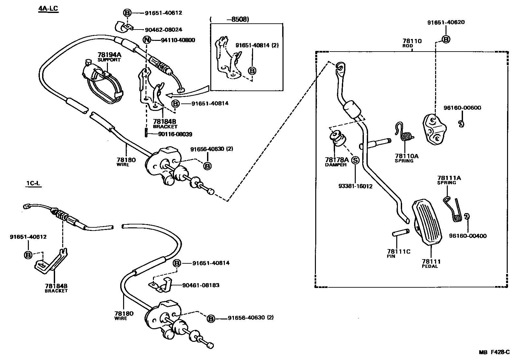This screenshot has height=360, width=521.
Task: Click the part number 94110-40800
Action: (x=178, y=40)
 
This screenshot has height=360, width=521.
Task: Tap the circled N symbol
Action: (x=147, y=40)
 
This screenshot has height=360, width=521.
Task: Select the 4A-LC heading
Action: (x=48, y=8)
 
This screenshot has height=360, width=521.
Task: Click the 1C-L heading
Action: (x=33, y=184)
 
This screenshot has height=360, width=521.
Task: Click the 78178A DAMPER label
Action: (x=337, y=162)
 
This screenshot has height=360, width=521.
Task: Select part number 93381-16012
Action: (x=355, y=186)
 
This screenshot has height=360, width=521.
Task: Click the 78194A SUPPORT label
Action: (x=110, y=57)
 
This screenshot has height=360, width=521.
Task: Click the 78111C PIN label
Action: (x=398, y=253)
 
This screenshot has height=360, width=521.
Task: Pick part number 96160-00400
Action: (x=468, y=236)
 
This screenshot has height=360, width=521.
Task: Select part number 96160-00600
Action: (x=462, y=108)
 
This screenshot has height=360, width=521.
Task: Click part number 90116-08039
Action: (x=175, y=134)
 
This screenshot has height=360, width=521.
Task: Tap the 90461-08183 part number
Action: (x=201, y=285)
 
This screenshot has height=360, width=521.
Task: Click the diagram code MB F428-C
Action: (x=495, y=352)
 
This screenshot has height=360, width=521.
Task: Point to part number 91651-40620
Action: (x=446, y=22)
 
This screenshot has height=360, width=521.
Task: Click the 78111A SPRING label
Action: (x=449, y=180)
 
